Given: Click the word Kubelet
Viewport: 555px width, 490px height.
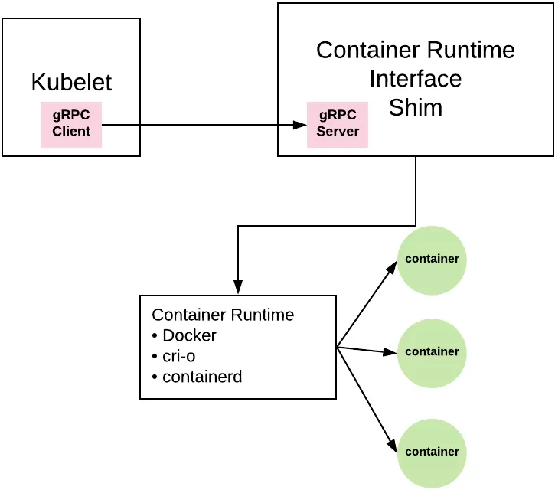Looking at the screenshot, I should tap(71, 82).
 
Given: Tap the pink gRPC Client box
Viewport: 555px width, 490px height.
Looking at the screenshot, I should tap(71, 124).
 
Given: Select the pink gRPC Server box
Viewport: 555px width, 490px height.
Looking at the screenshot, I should tap(338, 125).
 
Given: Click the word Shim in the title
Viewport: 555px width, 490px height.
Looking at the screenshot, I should tap(416, 107).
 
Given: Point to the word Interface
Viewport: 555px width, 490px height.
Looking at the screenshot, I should tap(416, 79).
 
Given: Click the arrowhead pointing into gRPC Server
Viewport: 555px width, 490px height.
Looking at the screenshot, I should tap(300, 125).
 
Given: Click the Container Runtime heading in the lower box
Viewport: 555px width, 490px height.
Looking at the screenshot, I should tap(223, 315).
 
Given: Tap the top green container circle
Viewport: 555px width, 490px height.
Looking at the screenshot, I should tap(432, 260).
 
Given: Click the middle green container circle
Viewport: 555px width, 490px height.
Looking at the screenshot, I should tap(432, 352).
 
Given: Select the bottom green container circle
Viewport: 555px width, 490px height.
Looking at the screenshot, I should tap(432, 452).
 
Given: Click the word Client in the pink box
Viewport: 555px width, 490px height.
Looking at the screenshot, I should tap(71, 131).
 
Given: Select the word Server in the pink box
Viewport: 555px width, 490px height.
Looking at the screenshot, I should tap(338, 132).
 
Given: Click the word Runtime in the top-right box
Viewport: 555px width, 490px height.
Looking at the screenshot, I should tap(470, 51).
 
